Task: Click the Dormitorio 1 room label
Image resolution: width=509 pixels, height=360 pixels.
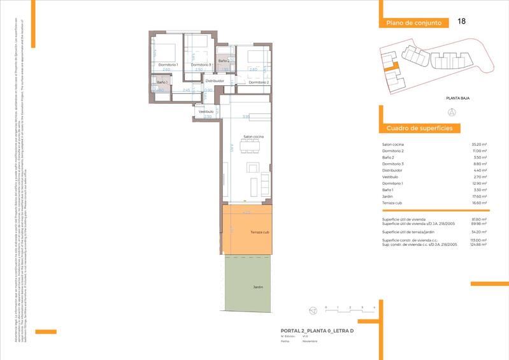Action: click(x=168, y=65)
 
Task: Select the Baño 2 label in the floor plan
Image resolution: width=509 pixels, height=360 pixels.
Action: click(x=224, y=61)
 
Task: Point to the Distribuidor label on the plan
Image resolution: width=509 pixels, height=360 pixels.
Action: click(x=214, y=82)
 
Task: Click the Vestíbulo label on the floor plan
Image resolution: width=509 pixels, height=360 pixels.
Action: click(x=206, y=112)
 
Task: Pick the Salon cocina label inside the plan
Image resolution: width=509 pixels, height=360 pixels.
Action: click(x=254, y=137)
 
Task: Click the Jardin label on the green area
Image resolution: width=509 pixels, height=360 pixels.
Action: click(x=258, y=287)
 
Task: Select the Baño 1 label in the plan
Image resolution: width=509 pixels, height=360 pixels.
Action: click(x=162, y=83)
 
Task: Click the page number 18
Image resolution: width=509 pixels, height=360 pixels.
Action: click(x=461, y=22)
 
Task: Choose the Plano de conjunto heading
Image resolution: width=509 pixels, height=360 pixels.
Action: click(x=413, y=23)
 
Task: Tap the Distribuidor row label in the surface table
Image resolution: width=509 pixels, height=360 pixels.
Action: click(x=393, y=171)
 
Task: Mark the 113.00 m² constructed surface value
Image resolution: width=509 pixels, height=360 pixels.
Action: click(x=479, y=240)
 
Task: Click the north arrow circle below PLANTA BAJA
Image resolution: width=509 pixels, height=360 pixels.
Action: click(x=452, y=112)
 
